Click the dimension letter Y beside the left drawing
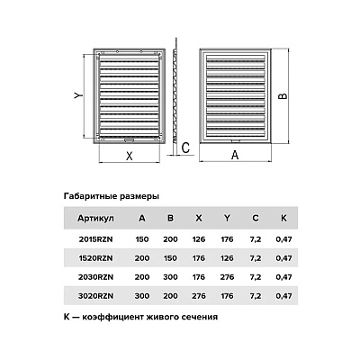[77, 96]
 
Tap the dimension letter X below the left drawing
[130, 156]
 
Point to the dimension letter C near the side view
[186, 148]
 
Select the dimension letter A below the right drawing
[235, 155]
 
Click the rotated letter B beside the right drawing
[283, 96]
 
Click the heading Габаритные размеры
[112, 197]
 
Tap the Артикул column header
[95, 219]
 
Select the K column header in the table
[283, 218]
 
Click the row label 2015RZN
[95, 239]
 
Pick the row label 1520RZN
[95, 258]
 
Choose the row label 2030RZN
[95, 277]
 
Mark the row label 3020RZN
[95, 296]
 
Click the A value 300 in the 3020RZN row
[142, 296]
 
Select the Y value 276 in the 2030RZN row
[227, 277]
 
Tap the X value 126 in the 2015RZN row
[199, 239]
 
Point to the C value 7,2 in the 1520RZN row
[256, 258]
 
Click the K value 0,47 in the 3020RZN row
[283, 296]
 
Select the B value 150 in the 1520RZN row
[170, 258]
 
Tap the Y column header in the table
[227, 218]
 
